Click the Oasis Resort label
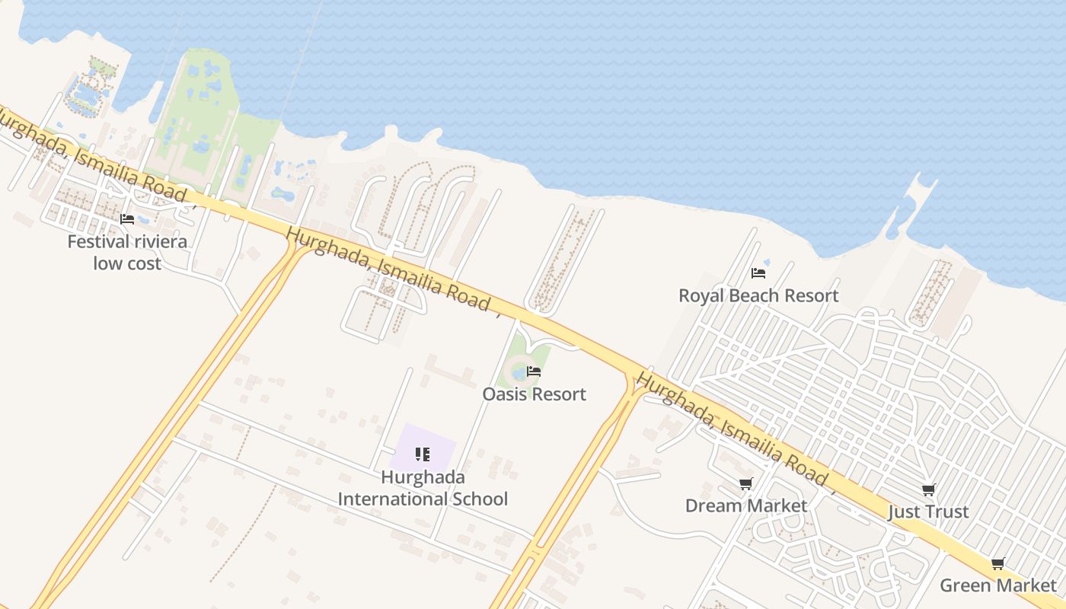click(x=534, y=394)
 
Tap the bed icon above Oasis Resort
click(x=534, y=371)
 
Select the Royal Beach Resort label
click(x=758, y=295)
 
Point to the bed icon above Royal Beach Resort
click(x=758, y=273)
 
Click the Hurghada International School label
click(x=423, y=489)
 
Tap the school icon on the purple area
click(x=423, y=454)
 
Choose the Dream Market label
click(x=746, y=505)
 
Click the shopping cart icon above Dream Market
click(x=746, y=484)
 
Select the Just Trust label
click(x=928, y=512)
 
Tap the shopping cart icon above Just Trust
click(x=928, y=489)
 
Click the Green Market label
click(x=998, y=585)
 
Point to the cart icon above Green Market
click(x=998, y=564)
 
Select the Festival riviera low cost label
click(x=127, y=253)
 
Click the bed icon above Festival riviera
click(x=127, y=219)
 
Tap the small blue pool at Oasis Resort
click(x=519, y=373)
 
